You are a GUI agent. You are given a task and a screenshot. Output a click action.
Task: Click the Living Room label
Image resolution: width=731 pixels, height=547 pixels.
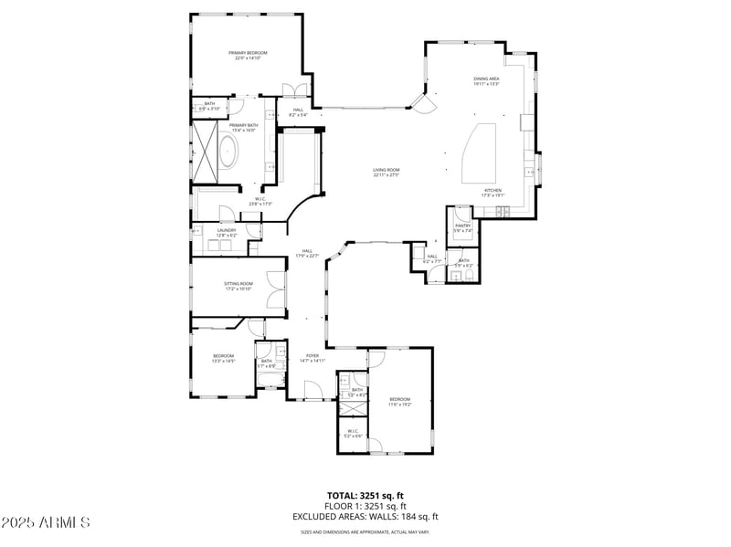coord(386,173)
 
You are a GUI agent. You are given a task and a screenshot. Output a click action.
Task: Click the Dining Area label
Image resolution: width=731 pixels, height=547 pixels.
coord(486,81)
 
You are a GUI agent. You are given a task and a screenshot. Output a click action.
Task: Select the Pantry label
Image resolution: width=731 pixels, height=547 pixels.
coord(462,227)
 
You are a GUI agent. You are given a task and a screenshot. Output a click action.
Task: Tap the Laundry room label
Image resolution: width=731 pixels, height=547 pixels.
coord(226,233)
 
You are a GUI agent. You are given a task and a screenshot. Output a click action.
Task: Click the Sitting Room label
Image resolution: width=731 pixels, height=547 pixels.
coord(238,286)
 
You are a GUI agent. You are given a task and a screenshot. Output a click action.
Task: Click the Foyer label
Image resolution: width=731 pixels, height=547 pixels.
coord(313,358)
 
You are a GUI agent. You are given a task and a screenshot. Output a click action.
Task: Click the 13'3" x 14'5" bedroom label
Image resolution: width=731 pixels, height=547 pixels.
coord(224,358)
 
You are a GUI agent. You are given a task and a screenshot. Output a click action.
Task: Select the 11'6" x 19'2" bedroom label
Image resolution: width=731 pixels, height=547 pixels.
coord(400,401)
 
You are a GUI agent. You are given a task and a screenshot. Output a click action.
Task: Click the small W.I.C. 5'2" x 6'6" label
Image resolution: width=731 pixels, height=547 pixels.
coord(352,433)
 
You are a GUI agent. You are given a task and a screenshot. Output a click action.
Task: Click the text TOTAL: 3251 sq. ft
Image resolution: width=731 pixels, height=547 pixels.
coord(365,495)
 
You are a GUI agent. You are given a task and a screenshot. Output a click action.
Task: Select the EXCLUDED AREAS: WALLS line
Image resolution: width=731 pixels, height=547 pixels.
coord(365,516)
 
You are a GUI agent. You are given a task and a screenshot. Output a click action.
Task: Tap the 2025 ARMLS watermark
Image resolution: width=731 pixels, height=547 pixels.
coord(45,522)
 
